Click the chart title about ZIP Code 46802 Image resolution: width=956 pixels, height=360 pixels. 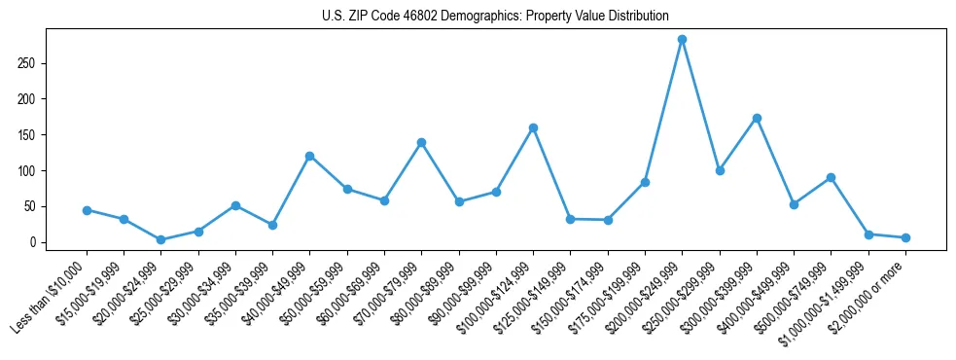coord(495,17)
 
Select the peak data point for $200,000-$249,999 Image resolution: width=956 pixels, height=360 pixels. coord(682,40)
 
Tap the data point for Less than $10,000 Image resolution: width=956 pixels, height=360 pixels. coord(87,210)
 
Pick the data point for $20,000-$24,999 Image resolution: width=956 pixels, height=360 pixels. coord(161,239)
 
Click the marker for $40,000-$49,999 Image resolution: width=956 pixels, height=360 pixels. coord(309,156)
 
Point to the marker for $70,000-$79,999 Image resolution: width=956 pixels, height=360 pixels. coord(421,142)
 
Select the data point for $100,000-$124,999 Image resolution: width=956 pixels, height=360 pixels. coord(533,127)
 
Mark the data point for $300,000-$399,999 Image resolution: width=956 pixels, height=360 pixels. coord(757,118)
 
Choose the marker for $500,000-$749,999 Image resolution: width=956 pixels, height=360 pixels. coord(831,177)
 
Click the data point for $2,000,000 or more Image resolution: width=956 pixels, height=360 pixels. coord(905,237)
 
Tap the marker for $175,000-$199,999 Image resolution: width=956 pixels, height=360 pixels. coord(645,182)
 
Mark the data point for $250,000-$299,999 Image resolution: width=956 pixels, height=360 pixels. coord(720,170)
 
